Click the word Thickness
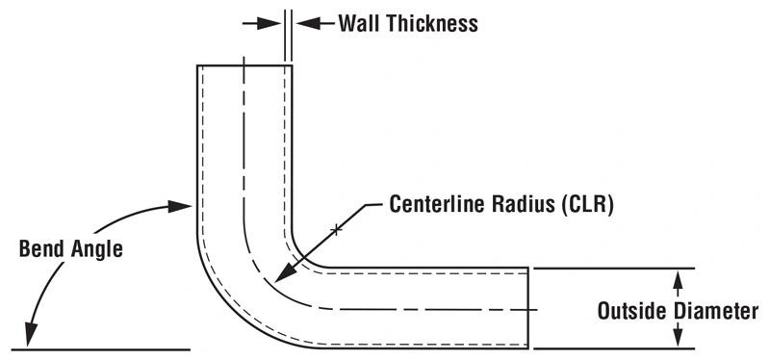click(432, 24)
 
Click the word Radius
click(526, 205)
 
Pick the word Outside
click(631, 312)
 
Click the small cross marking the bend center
click(335, 229)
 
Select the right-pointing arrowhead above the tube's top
click(275, 23)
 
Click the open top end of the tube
click(244, 65)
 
